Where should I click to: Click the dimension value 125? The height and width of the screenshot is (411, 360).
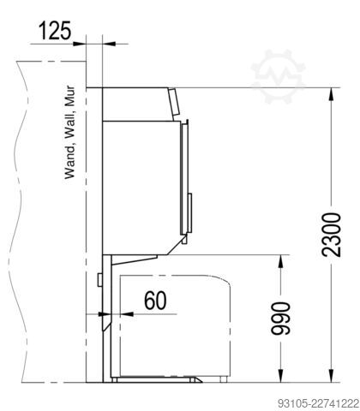coord(55,31)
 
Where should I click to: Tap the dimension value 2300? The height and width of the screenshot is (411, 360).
coord(332,235)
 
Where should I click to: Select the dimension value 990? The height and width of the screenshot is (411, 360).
coord(280,318)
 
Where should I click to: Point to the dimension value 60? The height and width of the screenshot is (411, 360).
coord(155,301)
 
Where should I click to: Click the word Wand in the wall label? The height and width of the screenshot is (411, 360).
coord(70,163)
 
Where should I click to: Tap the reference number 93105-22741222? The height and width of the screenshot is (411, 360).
coord(318,403)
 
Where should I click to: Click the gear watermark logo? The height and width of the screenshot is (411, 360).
coord(278,76)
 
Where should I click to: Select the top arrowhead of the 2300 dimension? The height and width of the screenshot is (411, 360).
coord(332,94)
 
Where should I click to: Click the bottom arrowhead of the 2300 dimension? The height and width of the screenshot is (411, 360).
coord(332,376)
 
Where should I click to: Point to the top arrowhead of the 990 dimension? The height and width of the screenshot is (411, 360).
coord(280,261)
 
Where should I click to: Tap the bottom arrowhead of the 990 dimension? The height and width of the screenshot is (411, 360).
coord(280,376)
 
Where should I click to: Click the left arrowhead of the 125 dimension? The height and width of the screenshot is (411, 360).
coord(80,44)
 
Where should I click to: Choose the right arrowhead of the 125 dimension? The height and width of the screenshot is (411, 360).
coord(109,44)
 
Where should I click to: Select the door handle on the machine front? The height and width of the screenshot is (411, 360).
coord(189,212)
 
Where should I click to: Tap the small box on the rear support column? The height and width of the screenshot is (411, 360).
coord(100,280)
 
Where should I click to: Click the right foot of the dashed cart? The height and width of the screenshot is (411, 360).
coord(224,379)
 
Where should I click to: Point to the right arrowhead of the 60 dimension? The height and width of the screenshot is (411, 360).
coord(127,314)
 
